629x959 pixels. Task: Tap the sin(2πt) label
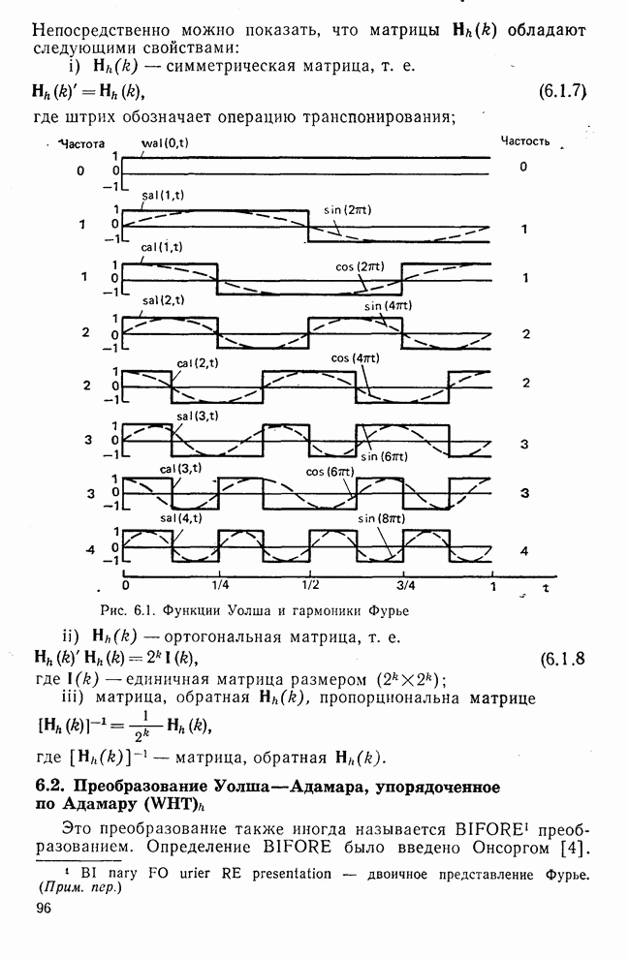345,210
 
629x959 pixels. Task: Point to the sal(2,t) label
163,300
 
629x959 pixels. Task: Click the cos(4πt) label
354,357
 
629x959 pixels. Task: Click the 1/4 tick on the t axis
220,585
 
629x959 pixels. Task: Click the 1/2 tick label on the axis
310,585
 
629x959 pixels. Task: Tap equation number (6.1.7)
563,93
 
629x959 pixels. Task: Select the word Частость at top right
524,140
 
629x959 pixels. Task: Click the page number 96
42,908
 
